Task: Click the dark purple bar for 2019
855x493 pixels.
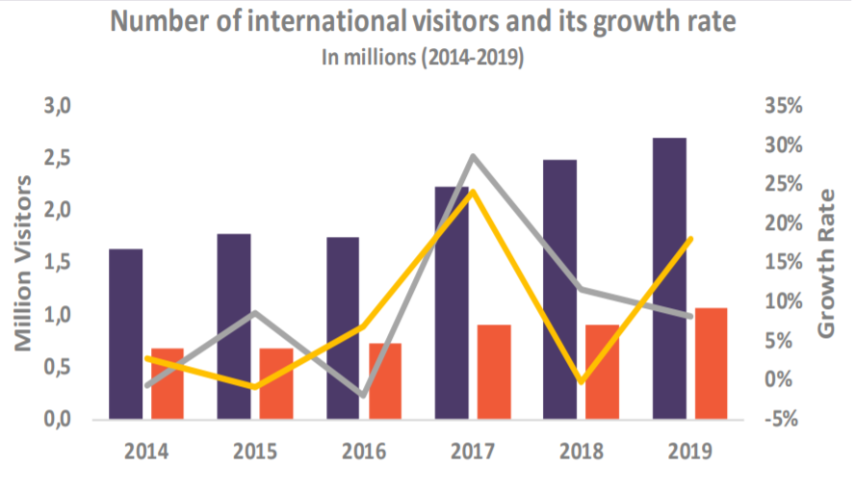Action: (x=669, y=278)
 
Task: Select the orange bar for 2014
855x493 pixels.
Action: (x=168, y=384)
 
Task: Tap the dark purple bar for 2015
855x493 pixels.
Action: (x=234, y=326)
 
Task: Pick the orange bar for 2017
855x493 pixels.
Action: (x=494, y=372)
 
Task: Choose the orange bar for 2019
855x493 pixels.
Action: (x=711, y=364)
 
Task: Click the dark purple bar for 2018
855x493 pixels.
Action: (x=560, y=290)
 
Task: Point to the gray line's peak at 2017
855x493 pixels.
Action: (x=473, y=157)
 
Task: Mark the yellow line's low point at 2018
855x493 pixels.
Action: (x=582, y=381)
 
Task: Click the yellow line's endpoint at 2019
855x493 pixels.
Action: (x=690, y=239)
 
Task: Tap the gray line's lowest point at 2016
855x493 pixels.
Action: (x=364, y=395)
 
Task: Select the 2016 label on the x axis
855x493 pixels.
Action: (x=364, y=452)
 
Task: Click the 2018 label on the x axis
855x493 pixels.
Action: (x=582, y=452)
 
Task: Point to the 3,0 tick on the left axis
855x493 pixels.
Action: (x=58, y=105)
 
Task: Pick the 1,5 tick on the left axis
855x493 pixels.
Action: (x=58, y=262)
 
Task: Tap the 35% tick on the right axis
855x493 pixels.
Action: (x=784, y=105)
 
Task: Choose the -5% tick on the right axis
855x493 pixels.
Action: (x=782, y=419)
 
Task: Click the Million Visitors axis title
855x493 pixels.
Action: (x=23, y=263)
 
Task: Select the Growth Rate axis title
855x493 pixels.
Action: (x=825, y=264)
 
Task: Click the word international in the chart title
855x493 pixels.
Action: (x=327, y=21)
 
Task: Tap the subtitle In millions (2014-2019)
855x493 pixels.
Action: (x=423, y=57)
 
